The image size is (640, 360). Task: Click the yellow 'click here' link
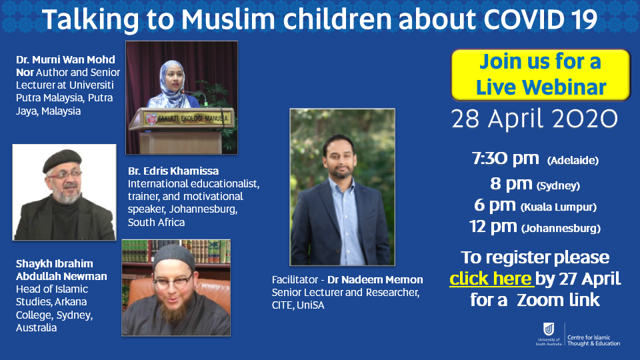tap(490, 279)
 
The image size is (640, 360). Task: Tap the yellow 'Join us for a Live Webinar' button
tap(541, 75)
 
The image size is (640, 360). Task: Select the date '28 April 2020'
tap(534, 119)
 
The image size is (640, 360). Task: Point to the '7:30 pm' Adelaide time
tap(505, 159)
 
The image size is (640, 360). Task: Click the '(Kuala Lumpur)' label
tap(559, 207)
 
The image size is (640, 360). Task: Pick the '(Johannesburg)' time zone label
tap(561, 228)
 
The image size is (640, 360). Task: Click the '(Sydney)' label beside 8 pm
tap(558, 186)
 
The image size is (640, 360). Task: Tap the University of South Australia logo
tap(549, 334)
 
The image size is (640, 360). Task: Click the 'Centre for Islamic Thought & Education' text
tap(593, 341)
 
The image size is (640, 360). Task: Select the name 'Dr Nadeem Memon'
tap(375, 279)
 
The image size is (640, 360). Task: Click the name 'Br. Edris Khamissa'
tap(173, 171)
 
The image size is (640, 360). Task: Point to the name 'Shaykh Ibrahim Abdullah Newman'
tap(61, 270)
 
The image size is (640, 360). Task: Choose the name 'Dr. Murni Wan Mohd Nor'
tap(65, 66)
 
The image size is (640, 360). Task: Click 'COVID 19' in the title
tap(541, 19)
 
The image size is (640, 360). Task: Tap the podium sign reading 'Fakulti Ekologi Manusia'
tap(188, 119)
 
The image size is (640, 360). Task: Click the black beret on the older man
tap(62, 160)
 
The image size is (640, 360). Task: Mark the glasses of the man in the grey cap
tap(173, 281)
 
